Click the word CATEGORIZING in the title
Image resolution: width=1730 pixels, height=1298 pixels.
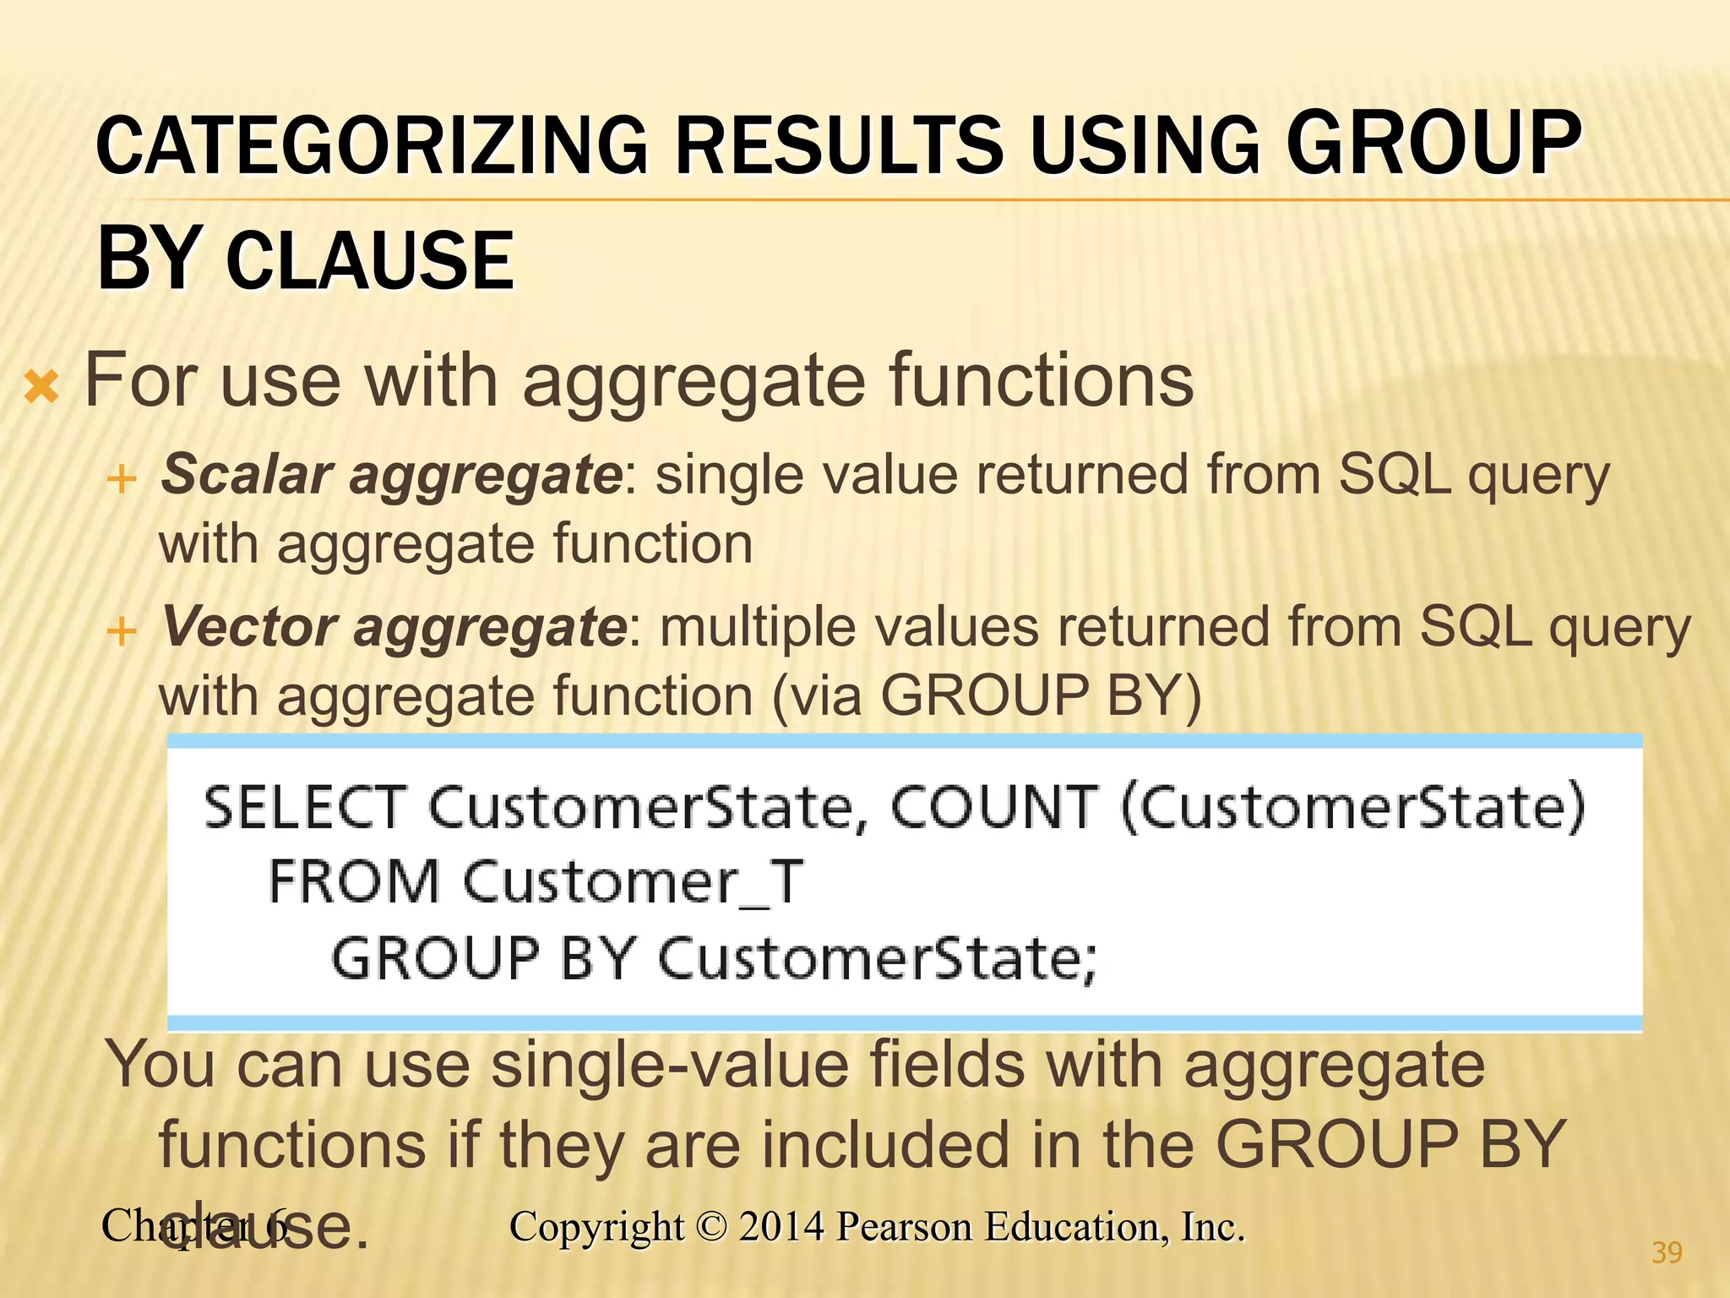coord(372,145)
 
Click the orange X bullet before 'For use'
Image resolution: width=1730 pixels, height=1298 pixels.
coord(41,387)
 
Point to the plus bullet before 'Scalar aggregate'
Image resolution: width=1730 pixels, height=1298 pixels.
coord(122,479)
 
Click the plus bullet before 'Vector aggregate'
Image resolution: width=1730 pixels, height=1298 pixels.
coord(122,631)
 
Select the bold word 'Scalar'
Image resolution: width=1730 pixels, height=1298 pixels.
coord(247,474)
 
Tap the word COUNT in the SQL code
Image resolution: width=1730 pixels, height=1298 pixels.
coord(994,807)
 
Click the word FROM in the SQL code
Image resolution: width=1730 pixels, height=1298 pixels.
coord(354,882)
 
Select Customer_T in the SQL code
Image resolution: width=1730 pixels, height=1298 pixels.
coord(634,882)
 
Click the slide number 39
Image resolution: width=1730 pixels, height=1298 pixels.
coord(1667,1252)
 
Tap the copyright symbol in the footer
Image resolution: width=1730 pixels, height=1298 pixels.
coord(711,1227)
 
